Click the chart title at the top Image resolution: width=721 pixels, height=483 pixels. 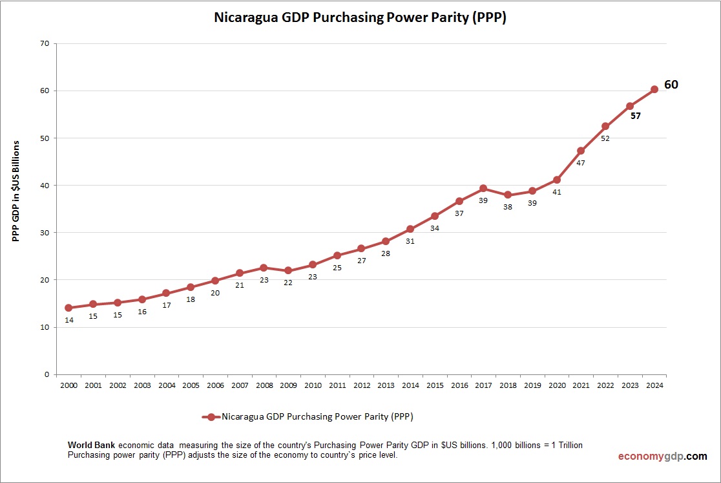click(x=360, y=18)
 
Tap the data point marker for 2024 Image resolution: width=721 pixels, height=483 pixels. click(x=654, y=89)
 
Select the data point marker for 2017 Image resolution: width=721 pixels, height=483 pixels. click(x=483, y=188)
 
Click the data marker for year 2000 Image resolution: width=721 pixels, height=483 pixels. click(x=68, y=308)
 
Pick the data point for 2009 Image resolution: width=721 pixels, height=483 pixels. click(x=288, y=271)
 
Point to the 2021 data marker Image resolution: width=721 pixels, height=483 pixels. click(x=581, y=151)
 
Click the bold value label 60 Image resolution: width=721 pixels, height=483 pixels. click(x=671, y=85)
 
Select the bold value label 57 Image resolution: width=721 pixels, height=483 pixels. click(x=636, y=116)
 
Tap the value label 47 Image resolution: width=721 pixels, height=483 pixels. click(x=581, y=163)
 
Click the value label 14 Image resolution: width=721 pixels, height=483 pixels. click(x=69, y=320)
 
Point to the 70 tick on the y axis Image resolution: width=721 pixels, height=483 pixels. click(x=45, y=44)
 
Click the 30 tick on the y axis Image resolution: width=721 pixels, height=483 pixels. click(x=45, y=233)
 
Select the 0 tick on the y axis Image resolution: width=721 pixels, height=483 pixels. click(x=47, y=374)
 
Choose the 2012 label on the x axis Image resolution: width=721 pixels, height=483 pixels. click(x=361, y=385)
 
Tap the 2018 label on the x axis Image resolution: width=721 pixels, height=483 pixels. click(x=508, y=385)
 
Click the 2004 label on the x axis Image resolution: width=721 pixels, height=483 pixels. click(x=166, y=385)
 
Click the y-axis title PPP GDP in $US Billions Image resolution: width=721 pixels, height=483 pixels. click(x=16, y=191)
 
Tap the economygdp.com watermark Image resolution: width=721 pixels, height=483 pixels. click(x=662, y=456)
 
